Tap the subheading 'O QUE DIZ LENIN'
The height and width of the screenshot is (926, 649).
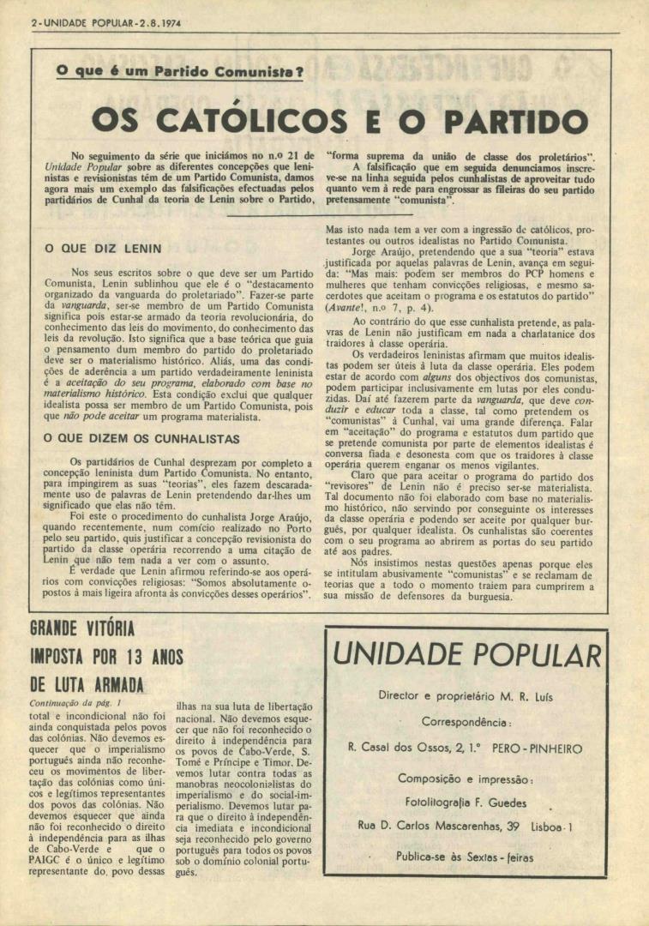click(102, 249)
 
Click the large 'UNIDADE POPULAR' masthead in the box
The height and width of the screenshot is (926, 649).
click(466, 656)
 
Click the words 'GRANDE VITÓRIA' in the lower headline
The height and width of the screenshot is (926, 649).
click(82, 628)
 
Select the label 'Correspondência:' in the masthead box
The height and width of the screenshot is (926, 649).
click(466, 722)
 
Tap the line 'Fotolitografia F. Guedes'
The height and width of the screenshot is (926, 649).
click(466, 802)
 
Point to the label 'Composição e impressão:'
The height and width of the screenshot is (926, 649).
click(466, 779)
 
